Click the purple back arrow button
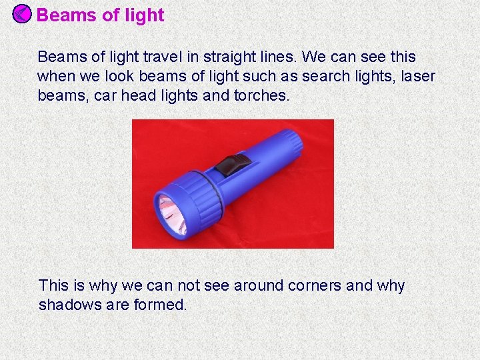(x=22, y=13)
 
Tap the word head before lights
(x=139, y=95)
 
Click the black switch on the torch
(x=235, y=163)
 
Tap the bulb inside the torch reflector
(x=167, y=212)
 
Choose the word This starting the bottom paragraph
(x=54, y=286)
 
